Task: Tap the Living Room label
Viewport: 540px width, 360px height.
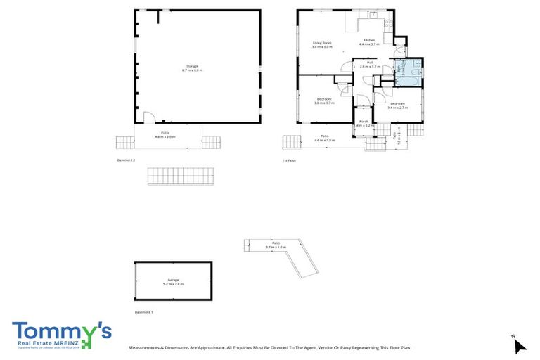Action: point(322,46)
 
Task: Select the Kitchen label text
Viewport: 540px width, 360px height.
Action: point(370,42)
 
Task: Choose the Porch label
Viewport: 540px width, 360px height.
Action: point(364,123)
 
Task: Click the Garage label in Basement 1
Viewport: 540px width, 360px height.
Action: point(173,281)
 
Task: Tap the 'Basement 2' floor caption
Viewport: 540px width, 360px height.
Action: point(126,160)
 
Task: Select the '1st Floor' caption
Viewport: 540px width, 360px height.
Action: point(289,160)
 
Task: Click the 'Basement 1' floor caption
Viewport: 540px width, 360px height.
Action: point(143,311)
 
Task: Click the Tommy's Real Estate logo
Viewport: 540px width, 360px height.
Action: point(61,335)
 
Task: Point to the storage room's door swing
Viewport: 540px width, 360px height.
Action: point(148,117)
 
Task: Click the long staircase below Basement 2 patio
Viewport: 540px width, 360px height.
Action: point(179,176)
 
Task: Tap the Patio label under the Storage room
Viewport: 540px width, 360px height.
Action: point(165,134)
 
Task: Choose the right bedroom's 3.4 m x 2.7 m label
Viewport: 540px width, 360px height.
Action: point(397,105)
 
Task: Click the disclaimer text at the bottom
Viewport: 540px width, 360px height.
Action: point(269,347)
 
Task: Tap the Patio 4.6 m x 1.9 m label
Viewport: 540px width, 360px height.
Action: point(324,138)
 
